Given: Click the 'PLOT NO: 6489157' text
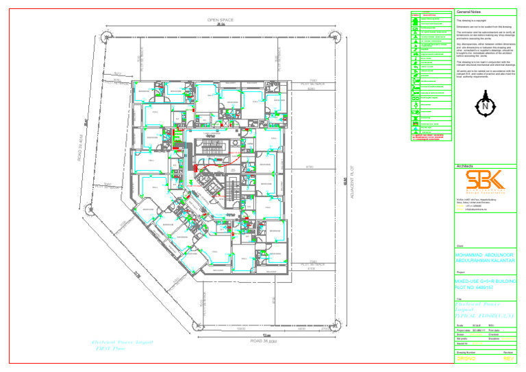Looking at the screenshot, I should coord(477,287).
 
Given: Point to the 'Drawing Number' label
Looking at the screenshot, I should coord(468,351).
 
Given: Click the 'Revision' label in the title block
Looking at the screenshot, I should coord(508,351).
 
